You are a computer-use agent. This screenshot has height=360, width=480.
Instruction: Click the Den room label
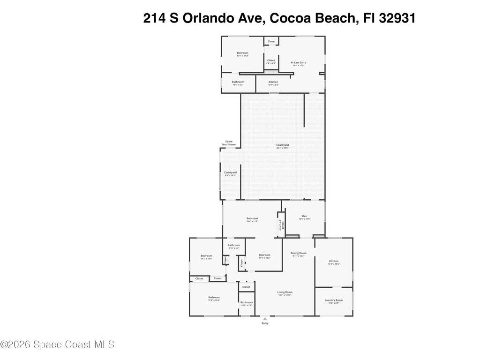pyautogui.click(x=305, y=216)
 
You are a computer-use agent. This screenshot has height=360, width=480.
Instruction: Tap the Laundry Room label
pyautogui.click(x=333, y=300)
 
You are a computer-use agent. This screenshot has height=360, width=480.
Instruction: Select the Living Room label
pyautogui.click(x=285, y=292)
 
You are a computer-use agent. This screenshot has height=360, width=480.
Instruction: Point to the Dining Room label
pyautogui.click(x=298, y=253)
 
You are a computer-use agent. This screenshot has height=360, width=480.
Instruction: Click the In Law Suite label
pyautogui.click(x=298, y=62)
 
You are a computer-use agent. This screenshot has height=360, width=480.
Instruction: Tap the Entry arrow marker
pyautogui.click(x=265, y=319)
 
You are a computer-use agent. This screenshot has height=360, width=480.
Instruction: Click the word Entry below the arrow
pyautogui.click(x=265, y=323)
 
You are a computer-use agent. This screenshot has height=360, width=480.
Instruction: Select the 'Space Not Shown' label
pyautogui.click(x=229, y=142)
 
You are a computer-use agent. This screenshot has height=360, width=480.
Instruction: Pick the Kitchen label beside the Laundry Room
pyautogui.click(x=333, y=261)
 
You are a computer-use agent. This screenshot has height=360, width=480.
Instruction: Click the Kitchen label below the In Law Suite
pyautogui.click(x=273, y=82)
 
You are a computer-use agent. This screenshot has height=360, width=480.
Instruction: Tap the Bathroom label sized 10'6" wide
pyautogui.click(x=238, y=82)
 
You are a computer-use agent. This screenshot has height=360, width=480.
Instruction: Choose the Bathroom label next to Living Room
pyautogui.click(x=247, y=302)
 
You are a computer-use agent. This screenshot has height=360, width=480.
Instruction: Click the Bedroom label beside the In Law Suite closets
pyautogui.click(x=242, y=53)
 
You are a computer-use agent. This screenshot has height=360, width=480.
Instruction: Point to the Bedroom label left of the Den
pyautogui.click(x=252, y=218)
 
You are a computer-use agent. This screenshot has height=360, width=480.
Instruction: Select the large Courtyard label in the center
pyautogui.click(x=282, y=145)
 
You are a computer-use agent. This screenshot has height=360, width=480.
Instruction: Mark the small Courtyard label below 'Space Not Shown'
pyautogui.click(x=230, y=172)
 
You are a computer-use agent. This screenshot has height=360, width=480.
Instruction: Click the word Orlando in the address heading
pyautogui.click(x=202, y=18)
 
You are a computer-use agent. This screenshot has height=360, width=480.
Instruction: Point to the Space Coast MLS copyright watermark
pyautogui.click(x=57, y=345)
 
